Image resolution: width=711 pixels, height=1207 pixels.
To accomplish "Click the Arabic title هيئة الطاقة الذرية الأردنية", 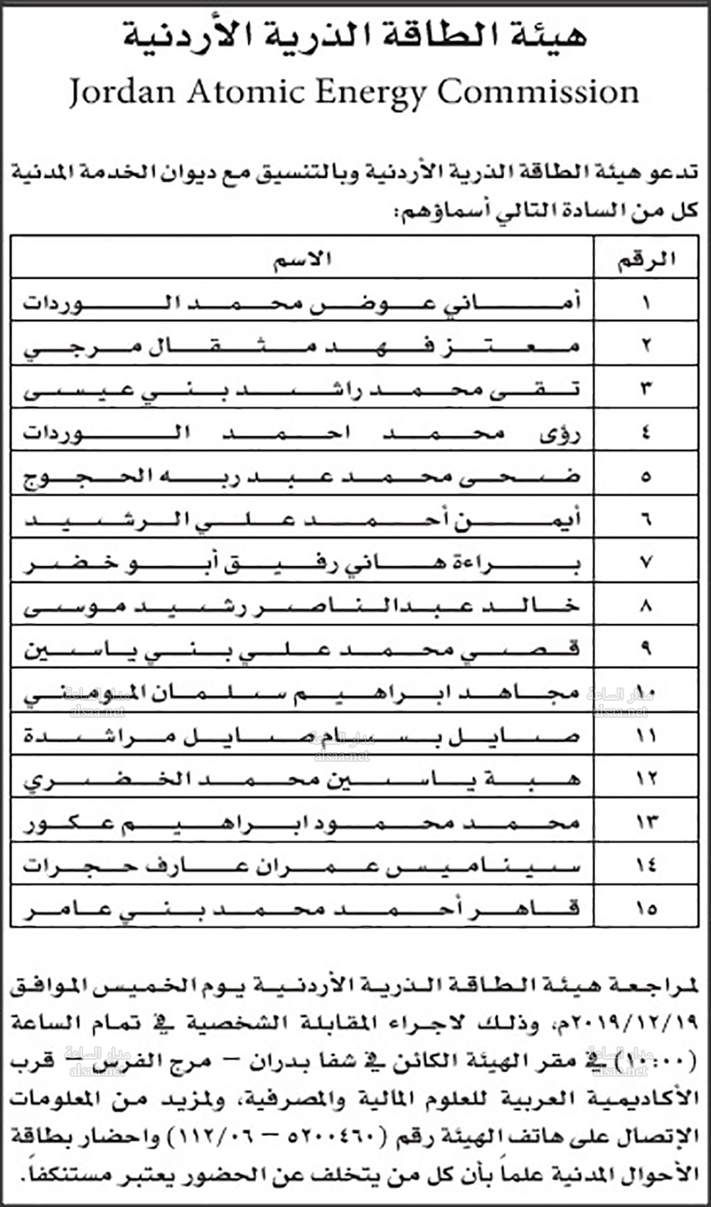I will [x=355, y=36].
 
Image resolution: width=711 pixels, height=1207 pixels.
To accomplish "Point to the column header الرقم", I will [x=646, y=259].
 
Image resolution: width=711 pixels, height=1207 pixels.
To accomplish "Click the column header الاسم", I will [x=302, y=259].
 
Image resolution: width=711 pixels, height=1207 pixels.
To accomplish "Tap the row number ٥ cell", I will [x=646, y=476].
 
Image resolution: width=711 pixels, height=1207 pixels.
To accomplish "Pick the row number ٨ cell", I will [x=646, y=606].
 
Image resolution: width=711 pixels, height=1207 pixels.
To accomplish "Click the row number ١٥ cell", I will [x=646, y=908].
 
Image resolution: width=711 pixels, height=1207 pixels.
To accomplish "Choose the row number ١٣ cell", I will [x=646, y=822].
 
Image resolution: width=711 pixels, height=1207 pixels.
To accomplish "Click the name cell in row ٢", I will [x=302, y=346].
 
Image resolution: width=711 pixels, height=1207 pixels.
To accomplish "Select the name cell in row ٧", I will [x=302, y=562].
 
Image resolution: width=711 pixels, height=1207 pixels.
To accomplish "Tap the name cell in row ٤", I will [x=302, y=432].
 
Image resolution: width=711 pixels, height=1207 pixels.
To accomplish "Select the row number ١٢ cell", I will [x=646, y=779].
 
